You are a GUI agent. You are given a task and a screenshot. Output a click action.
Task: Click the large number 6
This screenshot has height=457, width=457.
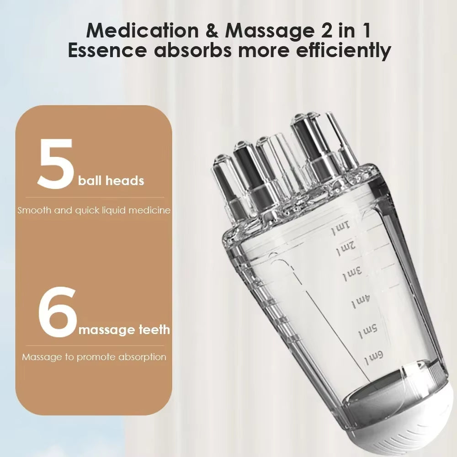click(57, 311)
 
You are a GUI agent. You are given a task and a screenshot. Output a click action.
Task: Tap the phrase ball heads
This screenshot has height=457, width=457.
click(111, 181)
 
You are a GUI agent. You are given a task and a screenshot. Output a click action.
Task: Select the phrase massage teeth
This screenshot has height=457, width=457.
click(124, 329)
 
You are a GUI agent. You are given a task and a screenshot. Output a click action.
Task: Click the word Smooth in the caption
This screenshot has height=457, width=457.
click(33, 211)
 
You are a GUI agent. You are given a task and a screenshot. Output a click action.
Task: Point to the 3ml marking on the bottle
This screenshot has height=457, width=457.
click(352, 275)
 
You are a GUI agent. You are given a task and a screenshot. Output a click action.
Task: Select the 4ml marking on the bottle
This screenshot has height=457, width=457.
click(361, 302)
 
